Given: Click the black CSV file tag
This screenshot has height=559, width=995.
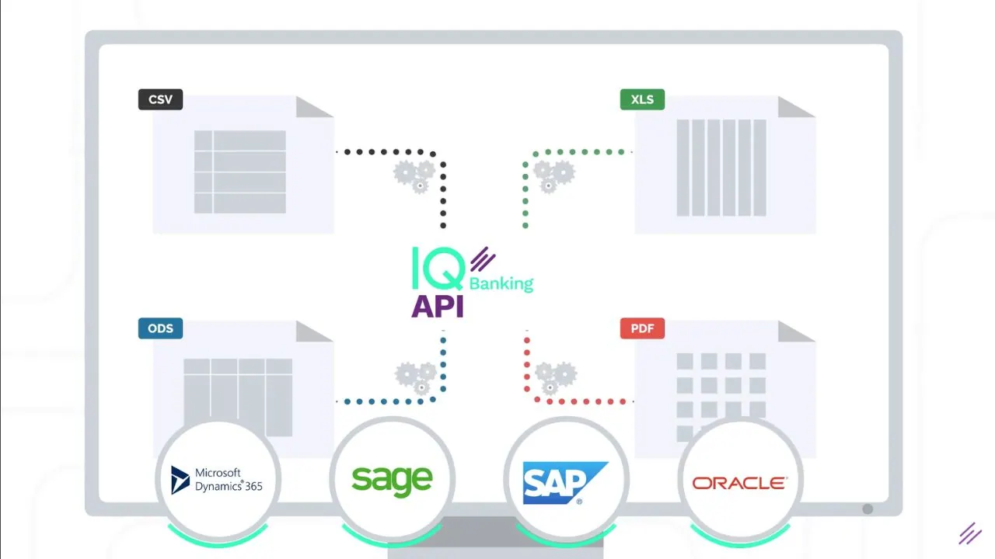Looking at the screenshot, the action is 160,99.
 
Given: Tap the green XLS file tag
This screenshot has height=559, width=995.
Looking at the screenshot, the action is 642,99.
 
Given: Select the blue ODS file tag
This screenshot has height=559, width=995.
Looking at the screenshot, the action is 160,328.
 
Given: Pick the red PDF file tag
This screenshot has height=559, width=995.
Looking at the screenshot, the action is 642,328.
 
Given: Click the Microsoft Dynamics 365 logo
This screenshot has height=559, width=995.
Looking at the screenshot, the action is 217,480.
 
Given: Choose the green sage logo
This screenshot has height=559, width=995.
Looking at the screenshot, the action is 392,481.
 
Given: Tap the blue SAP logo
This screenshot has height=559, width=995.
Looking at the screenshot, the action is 565,483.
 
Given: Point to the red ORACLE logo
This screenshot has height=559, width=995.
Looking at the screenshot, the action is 740,483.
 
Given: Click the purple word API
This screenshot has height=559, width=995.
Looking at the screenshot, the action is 438,306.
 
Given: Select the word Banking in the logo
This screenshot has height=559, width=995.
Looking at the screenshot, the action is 501,283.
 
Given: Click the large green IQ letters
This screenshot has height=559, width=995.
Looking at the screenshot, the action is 438,269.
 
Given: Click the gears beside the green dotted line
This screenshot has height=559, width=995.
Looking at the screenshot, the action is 554,176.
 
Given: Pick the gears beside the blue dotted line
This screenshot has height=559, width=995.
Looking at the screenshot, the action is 416,378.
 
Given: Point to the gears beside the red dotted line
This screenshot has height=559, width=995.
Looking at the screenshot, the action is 556,378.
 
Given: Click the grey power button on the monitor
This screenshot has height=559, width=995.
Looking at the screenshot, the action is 868,509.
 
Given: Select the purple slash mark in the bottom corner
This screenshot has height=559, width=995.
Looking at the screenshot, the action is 970,533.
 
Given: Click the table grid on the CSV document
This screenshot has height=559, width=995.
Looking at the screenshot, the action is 240,172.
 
